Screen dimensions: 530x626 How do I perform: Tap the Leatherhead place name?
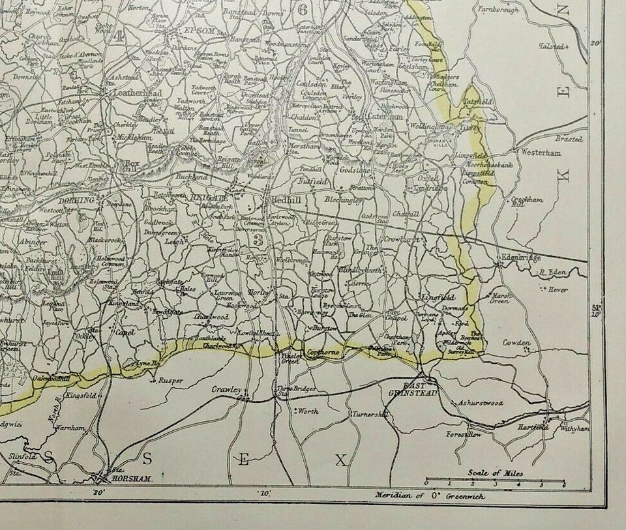tap(138, 93)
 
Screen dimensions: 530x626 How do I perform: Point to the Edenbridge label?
tap(521, 258)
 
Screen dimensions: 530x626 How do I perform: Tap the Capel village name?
tap(125, 332)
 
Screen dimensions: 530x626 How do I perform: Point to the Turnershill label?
tap(370, 415)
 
